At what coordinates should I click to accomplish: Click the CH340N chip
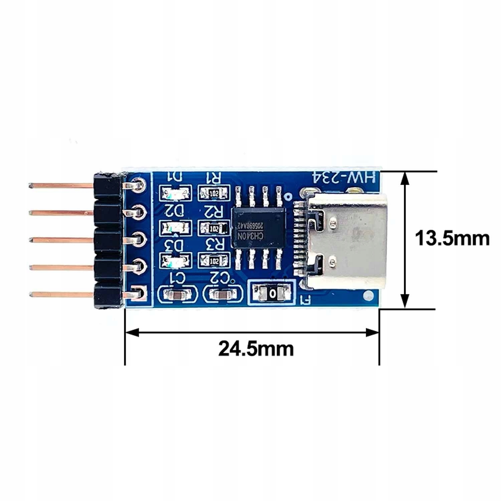tap(258, 229)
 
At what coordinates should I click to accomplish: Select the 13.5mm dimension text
tap(452, 239)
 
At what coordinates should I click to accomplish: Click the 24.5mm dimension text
tap(256, 348)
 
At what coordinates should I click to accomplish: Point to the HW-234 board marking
tap(344, 177)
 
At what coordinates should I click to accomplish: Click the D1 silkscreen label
tap(175, 177)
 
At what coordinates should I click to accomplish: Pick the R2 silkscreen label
tap(214, 211)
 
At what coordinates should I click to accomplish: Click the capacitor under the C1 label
tap(176, 295)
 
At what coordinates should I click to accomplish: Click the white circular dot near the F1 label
tap(367, 295)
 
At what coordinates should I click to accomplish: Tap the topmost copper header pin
tap(60, 184)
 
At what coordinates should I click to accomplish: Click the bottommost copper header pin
tap(60, 295)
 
